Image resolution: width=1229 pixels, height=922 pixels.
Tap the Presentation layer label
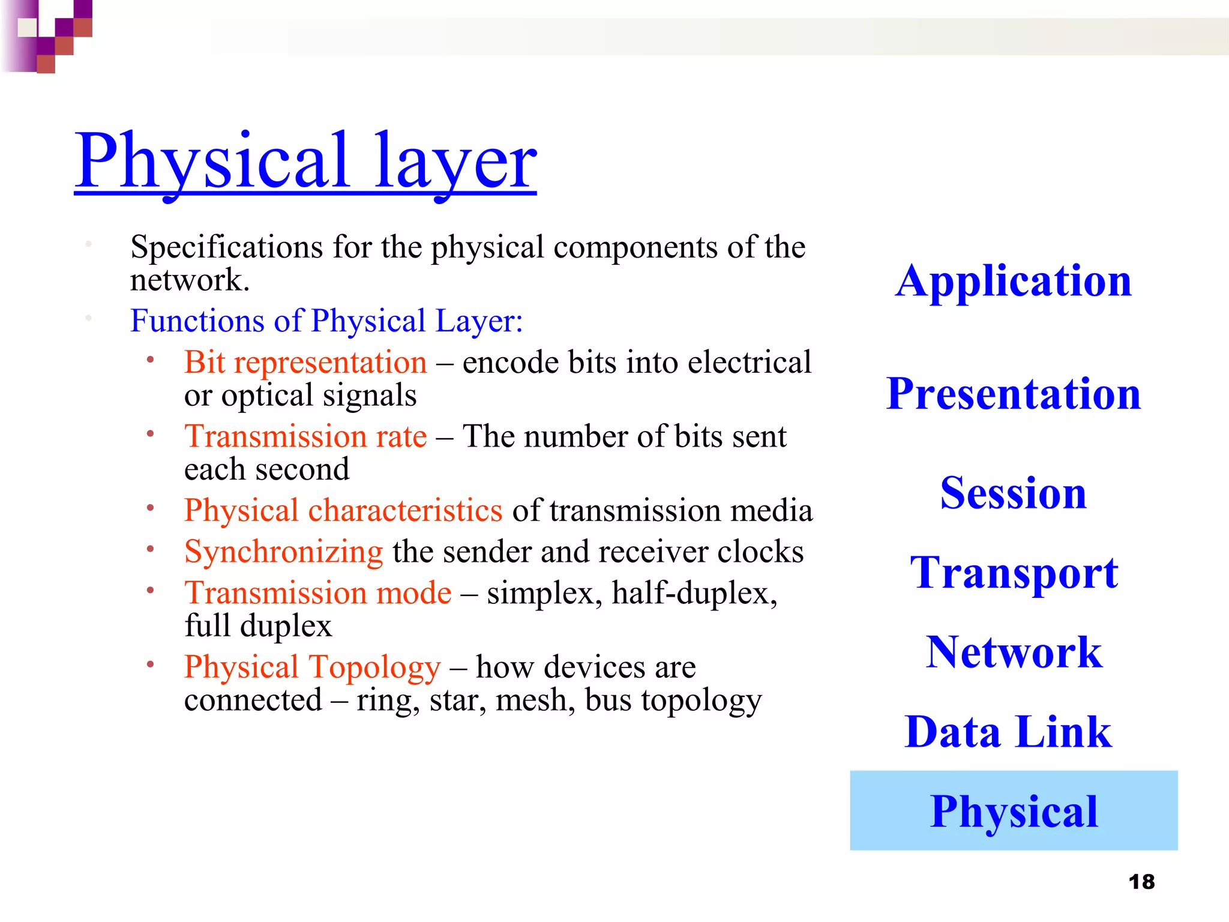(x=1014, y=394)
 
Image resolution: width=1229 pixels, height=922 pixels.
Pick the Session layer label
(x=1014, y=493)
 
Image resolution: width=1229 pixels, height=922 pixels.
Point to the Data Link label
(x=1008, y=732)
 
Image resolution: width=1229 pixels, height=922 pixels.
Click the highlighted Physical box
(x=1014, y=810)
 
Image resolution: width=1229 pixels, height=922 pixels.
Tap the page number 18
(x=1141, y=882)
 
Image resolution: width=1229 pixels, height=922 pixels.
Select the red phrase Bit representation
(x=305, y=363)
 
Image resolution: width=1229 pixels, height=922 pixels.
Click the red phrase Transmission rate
(x=305, y=436)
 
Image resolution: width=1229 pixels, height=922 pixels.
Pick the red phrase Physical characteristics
(x=343, y=510)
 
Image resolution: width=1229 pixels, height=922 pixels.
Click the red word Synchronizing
(x=283, y=552)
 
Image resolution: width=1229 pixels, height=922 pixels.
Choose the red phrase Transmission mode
(x=317, y=593)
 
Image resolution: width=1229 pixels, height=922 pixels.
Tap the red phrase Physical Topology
(x=312, y=667)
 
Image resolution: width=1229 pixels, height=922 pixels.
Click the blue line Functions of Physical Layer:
(x=326, y=321)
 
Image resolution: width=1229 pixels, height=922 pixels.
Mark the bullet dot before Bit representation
(x=151, y=360)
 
